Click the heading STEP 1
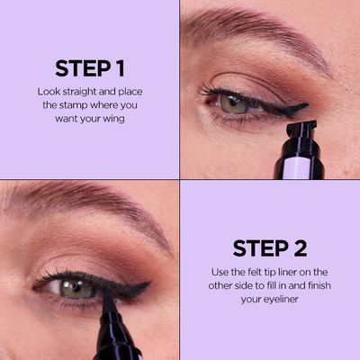pyautogui.click(x=89, y=68)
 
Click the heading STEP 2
pyautogui.click(x=270, y=248)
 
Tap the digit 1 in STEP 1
pyautogui.click(x=121, y=68)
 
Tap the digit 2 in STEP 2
pyautogui.click(x=301, y=248)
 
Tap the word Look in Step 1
pyautogui.click(x=49, y=92)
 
